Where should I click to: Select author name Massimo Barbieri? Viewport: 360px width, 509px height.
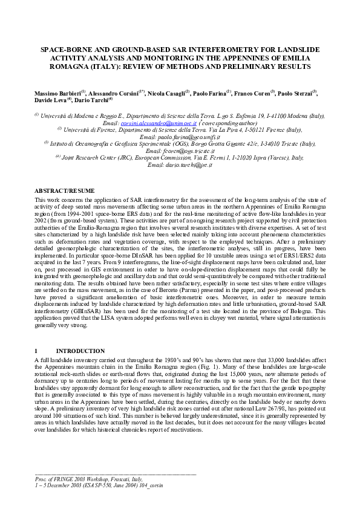point(57,94)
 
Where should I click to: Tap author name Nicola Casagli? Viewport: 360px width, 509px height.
point(166,94)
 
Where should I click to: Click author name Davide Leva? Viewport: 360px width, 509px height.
point(49,100)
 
